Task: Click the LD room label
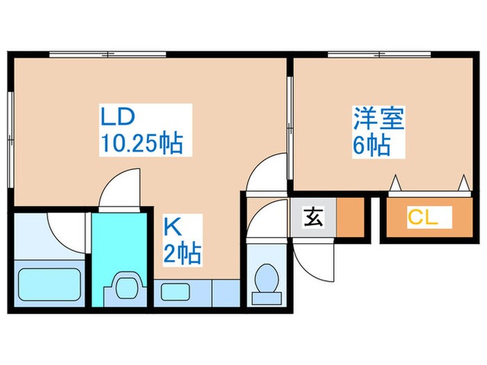point(118,116)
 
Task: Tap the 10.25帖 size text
point(142,143)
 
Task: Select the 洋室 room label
point(378,118)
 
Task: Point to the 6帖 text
point(372,145)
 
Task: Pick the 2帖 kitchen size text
point(182,253)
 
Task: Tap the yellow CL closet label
point(423,217)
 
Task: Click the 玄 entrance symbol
point(313,217)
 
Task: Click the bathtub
point(49,284)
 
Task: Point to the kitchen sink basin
point(175,292)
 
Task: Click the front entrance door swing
point(312,261)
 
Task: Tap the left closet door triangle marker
point(396,183)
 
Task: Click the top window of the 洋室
point(379,55)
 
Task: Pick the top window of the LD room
point(108,55)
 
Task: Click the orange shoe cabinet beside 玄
point(351,218)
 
